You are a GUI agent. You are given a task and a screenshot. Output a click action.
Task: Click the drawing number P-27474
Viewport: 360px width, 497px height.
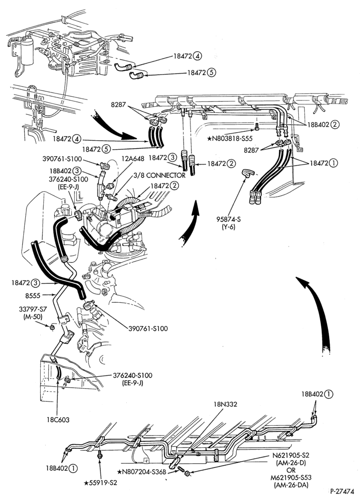point(342,492)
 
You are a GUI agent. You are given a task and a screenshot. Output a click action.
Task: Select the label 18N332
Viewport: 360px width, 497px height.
point(225,404)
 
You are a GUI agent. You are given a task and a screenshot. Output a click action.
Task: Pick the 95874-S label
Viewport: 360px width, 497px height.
point(229,219)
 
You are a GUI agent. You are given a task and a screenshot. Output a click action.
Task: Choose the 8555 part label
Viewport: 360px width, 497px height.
point(33,295)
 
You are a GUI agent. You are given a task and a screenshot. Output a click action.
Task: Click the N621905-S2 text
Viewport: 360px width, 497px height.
point(291,455)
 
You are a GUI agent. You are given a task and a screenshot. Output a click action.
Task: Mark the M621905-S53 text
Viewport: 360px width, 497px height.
point(291,478)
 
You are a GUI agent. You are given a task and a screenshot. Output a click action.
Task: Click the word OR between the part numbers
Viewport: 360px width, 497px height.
point(291,470)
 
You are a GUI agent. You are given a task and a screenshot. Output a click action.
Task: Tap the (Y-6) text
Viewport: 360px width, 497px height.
point(229,227)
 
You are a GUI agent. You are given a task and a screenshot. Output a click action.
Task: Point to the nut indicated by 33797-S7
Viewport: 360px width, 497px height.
point(52,326)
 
